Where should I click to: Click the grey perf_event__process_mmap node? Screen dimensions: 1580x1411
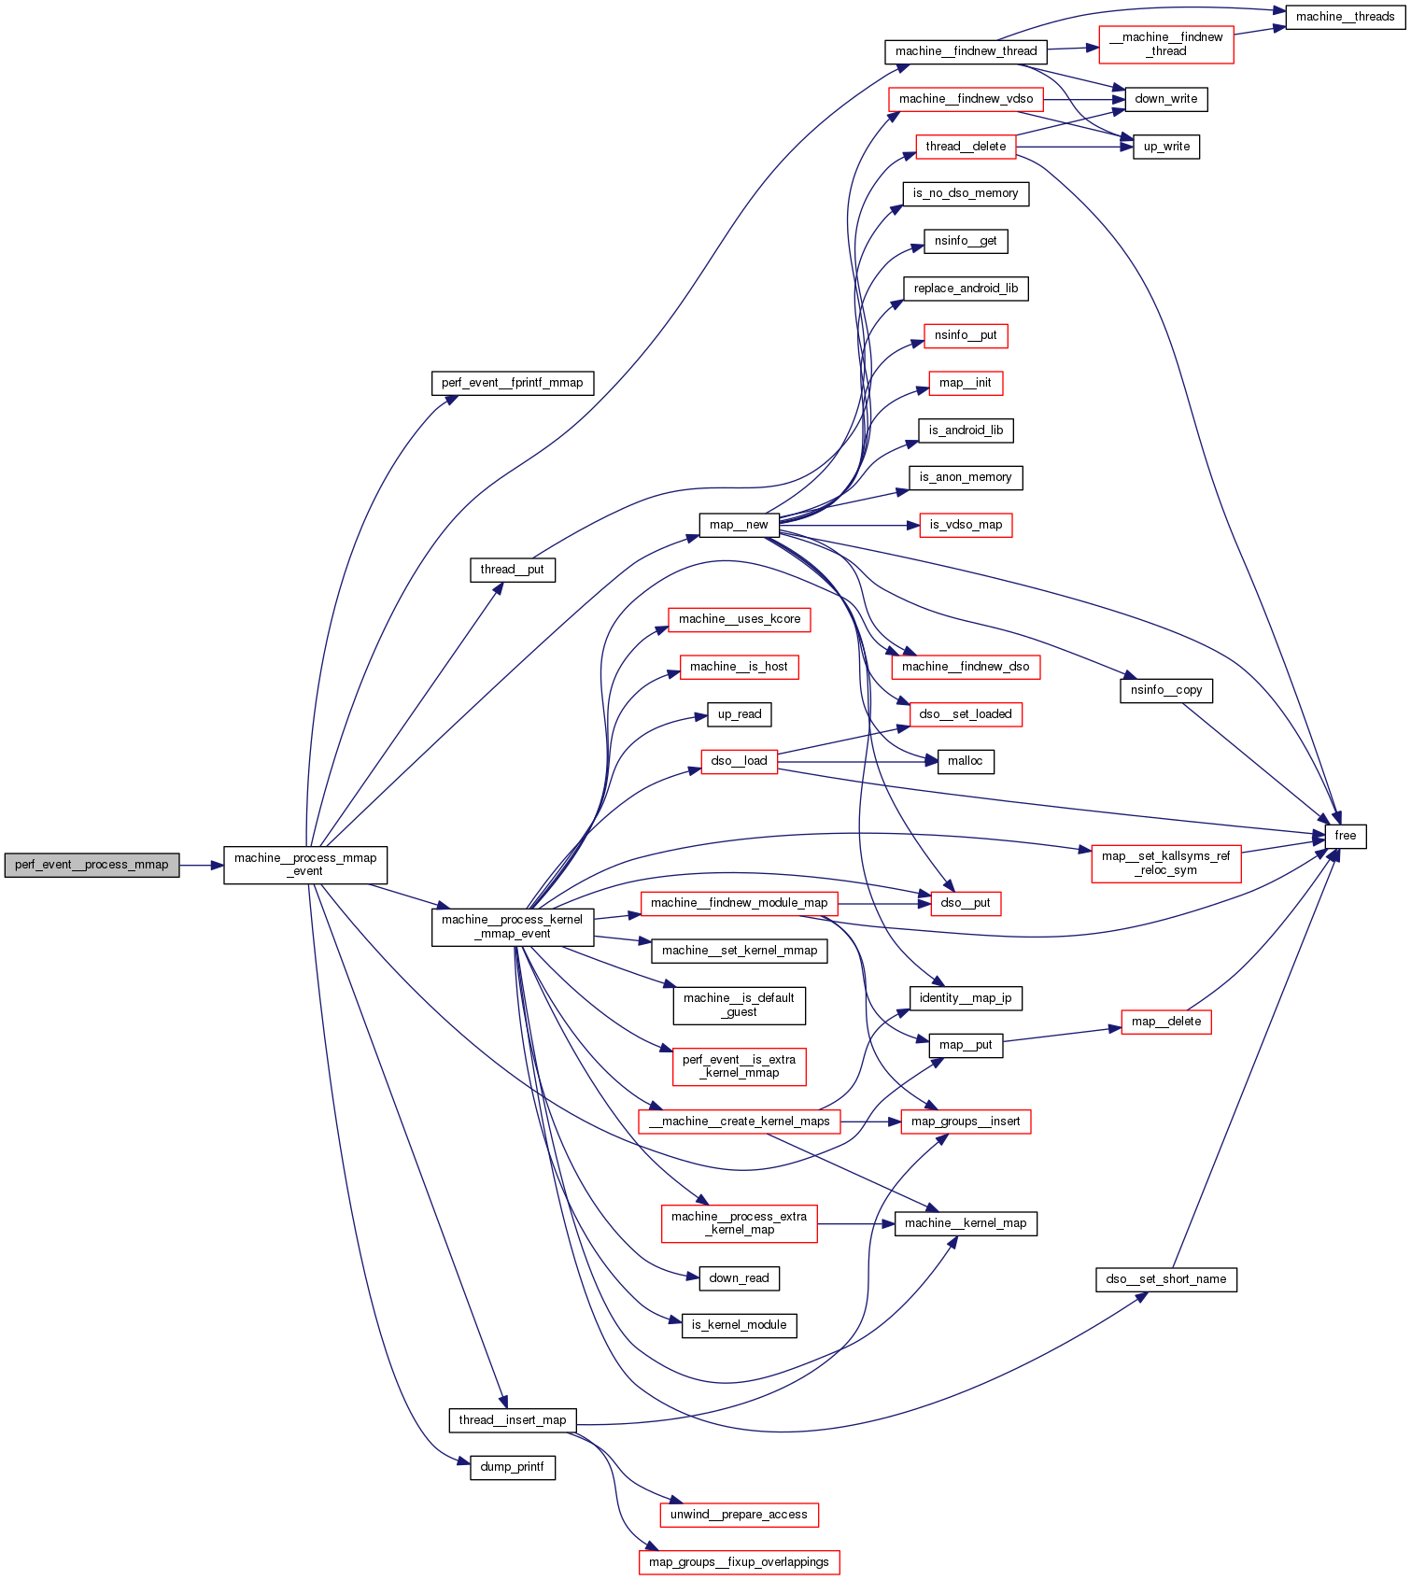pyautogui.click(x=92, y=865)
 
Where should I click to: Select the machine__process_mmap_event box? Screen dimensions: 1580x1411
pyautogui.click(x=305, y=865)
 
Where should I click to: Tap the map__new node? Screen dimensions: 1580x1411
pyautogui.click(x=739, y=525)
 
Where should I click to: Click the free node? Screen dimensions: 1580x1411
pyautogui.click(x=1345, y=836)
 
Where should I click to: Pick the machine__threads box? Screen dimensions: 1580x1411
pyautogui.click(x=1345, y=17)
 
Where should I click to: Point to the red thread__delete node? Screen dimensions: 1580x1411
pyautogui.click(x=966, y=147)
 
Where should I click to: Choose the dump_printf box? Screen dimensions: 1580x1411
pyautogui.click(x=512, y=1467)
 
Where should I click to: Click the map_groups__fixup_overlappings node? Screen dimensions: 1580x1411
pyautogui.click(x=739, y=1562)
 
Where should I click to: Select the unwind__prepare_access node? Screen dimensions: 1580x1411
pyautogui.click(x=739, y=1515)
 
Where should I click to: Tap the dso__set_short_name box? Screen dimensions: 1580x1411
pyautogui.click(x=1165, y=1279)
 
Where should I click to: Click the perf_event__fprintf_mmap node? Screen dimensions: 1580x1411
pyautogui.click(x=512, y=383)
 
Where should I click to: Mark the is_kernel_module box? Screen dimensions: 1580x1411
pyautogui.click(x=739, y=1325)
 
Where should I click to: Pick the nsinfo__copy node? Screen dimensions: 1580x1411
pyautogui.click(x=1165, y=690)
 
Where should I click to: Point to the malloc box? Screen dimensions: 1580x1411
pyautogui.click(x=966, y=761)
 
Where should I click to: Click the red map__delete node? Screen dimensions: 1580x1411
pyautogui.click(x=1165, y=1022)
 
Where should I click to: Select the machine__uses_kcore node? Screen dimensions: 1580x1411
pyautogui.click(x=739, y=619)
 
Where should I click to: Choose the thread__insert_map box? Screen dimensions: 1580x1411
pyautogui.click(x=512, y=1420)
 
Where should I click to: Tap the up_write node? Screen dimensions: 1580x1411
pyautogui.click(x=1165, y=147)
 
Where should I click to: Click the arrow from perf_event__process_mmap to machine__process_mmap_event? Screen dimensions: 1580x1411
pyautogui.click(x=201, y=865)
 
